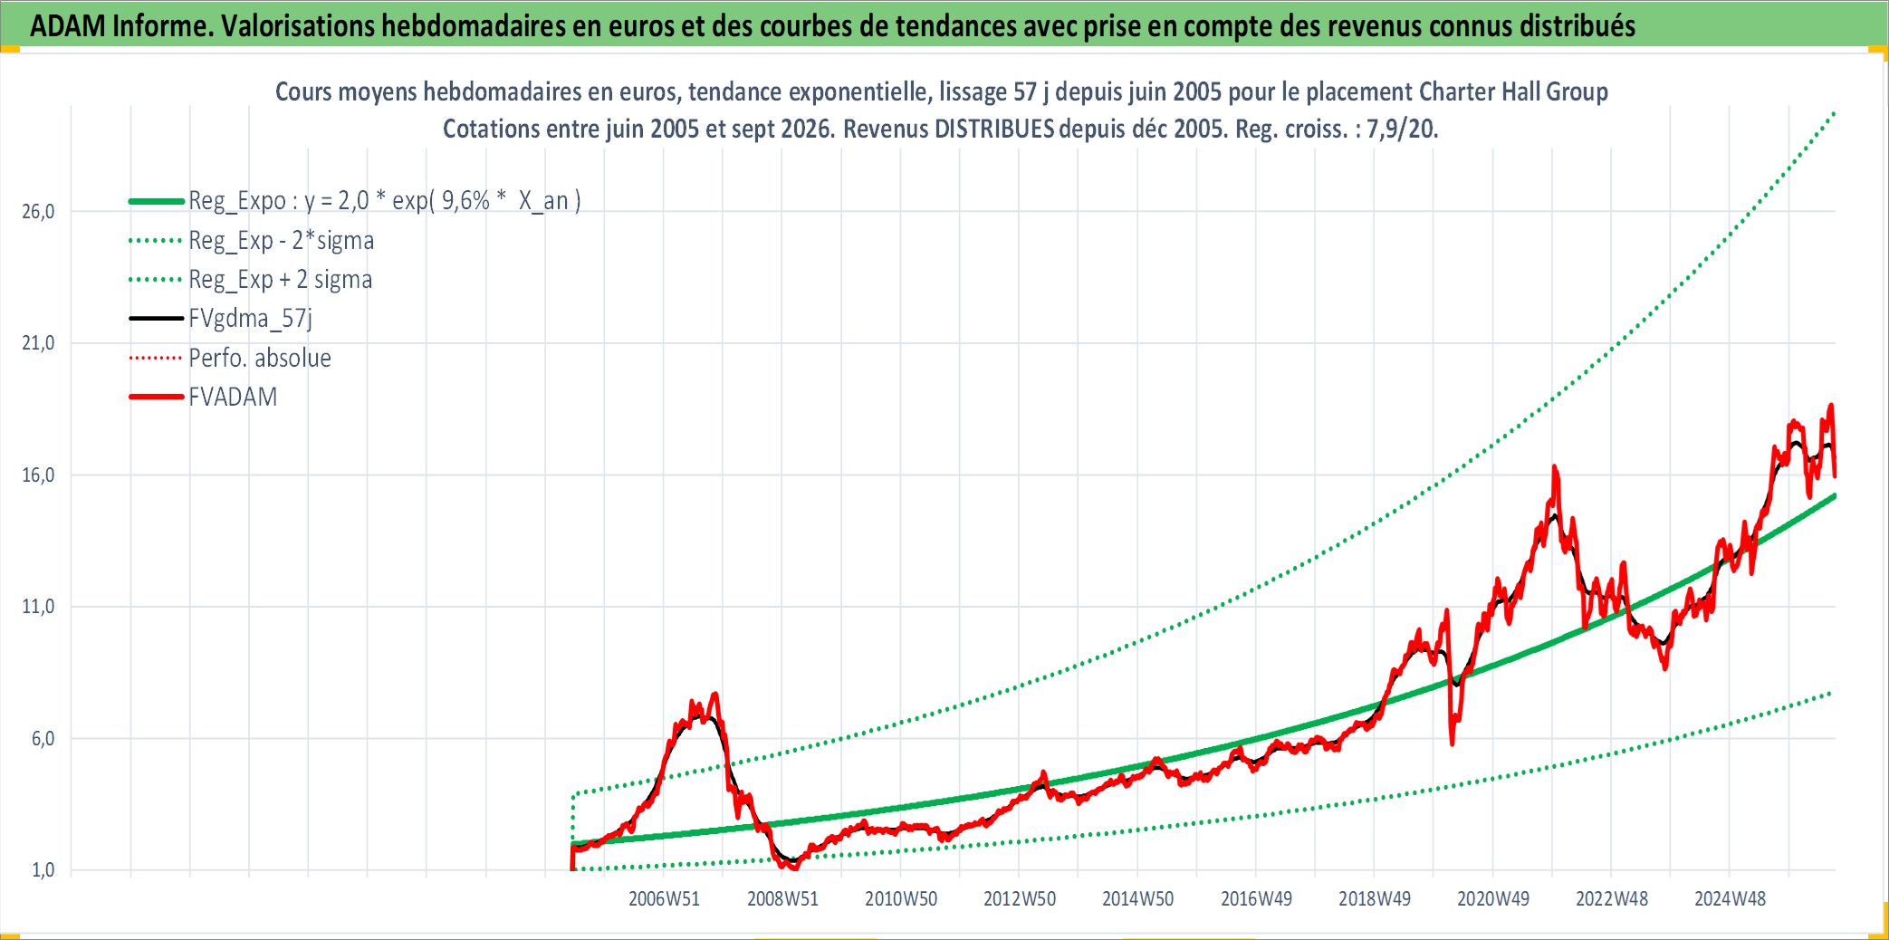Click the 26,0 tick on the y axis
[x=38, y=212]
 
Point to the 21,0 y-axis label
[x=38, y=343]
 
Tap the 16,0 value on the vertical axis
[x=38, y=475]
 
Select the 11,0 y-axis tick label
[x=38, y=607]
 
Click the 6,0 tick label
[x=43, y=739]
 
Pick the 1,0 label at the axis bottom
[x=43, y=870]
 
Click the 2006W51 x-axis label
[x=664, y=899]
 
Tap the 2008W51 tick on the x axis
[x=782, y=899]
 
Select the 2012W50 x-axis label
[x=1020, y=899]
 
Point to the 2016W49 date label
[x=1256, y=899]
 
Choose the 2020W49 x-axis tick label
[x=1492, y=899]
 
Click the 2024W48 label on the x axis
[x=1730, y=899]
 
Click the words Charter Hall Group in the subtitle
[x=1513, y=91]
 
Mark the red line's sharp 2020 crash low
[x=1453, y=743]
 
